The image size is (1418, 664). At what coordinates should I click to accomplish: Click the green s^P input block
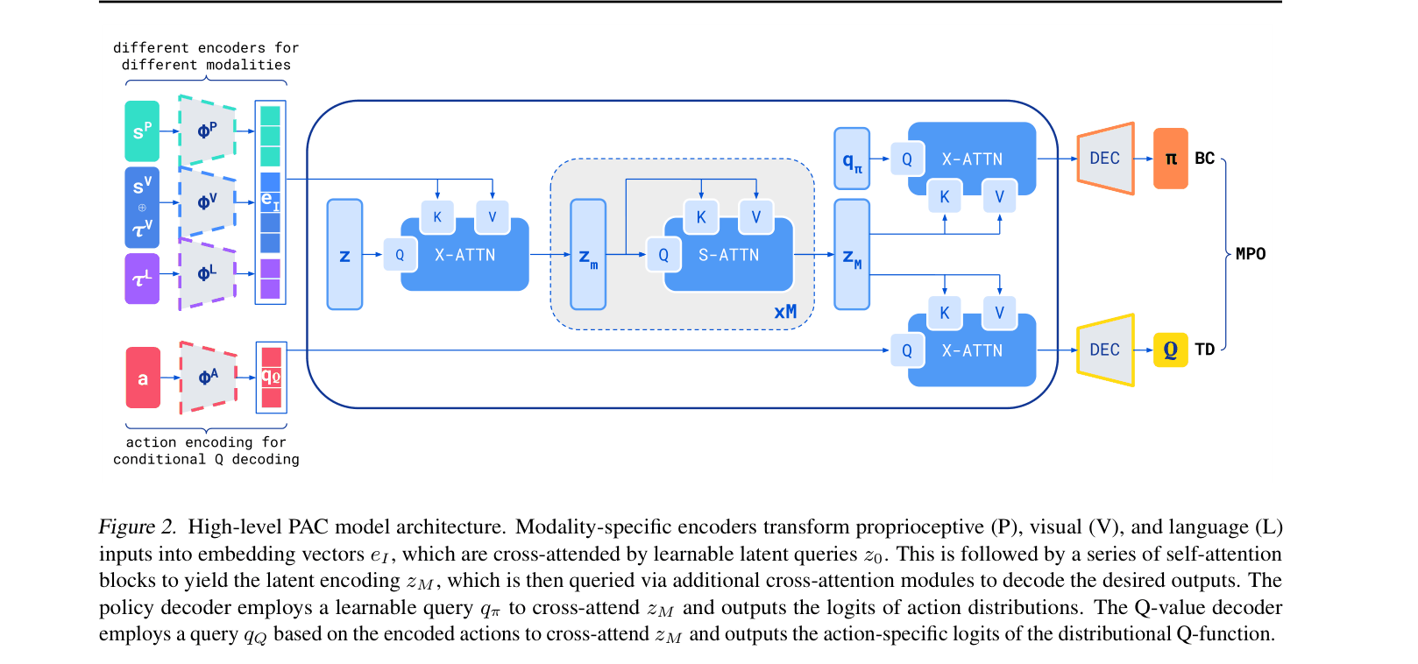coord(142,131)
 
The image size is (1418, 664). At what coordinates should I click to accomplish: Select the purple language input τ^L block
coord(142,279)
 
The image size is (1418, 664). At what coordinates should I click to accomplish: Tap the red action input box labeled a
coord(143,378)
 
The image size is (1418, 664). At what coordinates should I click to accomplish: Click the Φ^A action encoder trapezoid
coord(209,378)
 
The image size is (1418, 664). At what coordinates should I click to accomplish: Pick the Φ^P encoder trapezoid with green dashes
coord(207,131)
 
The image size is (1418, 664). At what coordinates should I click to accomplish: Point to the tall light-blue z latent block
coord(344,254)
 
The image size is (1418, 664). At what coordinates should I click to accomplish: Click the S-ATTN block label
coord(728,255)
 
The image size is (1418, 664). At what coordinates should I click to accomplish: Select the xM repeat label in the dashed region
coord(785,312)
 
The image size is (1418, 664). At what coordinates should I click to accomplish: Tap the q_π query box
coord(852,159)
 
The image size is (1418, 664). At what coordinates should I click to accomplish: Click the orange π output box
coord(1170,159)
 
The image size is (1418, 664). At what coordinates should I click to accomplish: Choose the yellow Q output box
coord(1170,350)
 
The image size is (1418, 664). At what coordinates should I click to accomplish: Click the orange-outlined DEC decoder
coord(1105,159)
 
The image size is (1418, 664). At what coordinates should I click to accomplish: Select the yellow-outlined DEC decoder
coord(1105,350)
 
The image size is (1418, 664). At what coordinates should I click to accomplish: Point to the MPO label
coord(1251,254)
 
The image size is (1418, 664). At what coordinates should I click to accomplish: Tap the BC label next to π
coord(1205,159)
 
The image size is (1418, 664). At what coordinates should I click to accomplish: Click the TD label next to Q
coord(1205,350)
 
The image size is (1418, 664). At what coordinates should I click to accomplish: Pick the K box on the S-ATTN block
coord(701,217)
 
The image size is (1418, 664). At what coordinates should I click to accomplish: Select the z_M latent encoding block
coord(852,254)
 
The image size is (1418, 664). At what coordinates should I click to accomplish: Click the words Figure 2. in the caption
coord(138,526)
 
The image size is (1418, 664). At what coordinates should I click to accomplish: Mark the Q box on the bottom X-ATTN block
coord(907,350)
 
